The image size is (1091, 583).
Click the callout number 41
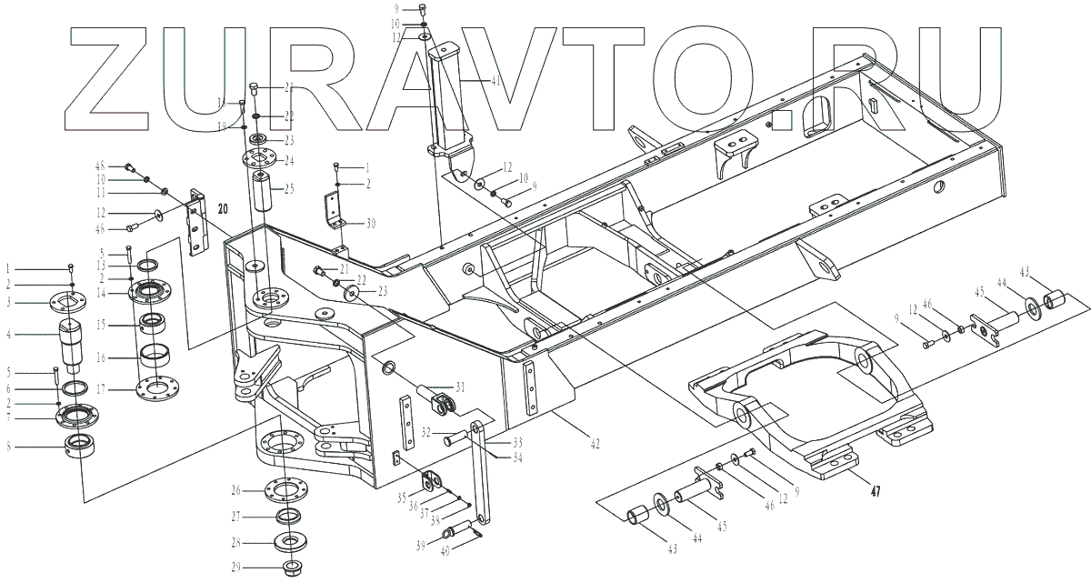coord(495,81)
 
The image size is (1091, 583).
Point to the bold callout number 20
coord(223,207)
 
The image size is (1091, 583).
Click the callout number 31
coord(461,387)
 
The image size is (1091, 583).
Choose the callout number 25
coord(289,188)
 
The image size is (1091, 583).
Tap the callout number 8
coord(8,446)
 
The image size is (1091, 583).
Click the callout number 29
coord(235,568)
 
